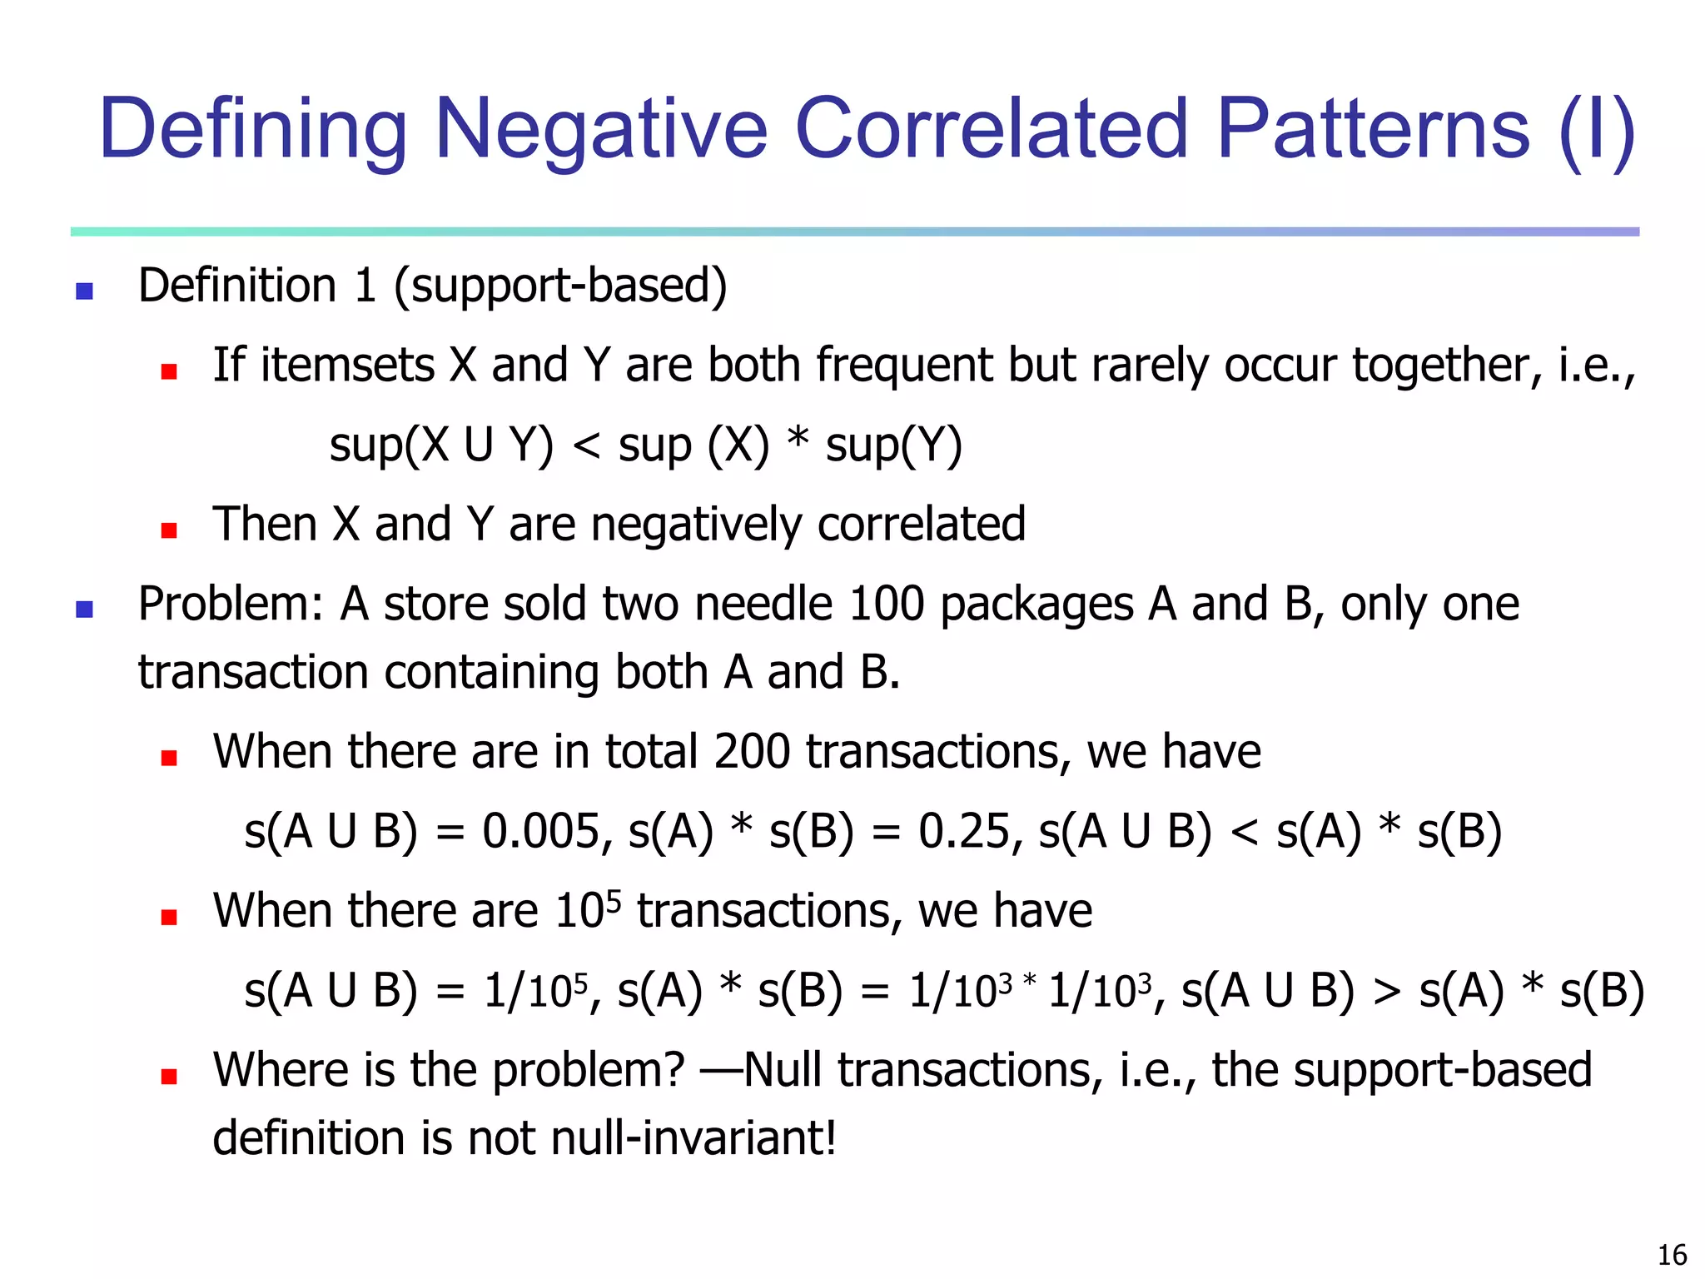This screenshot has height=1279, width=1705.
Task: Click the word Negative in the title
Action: [x=600, y=129]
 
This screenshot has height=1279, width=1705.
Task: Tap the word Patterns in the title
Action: [x=1373, y=129]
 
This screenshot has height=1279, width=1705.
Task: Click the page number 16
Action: [x=1672, y=1255]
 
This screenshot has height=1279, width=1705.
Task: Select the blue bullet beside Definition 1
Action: [x=84, y=291]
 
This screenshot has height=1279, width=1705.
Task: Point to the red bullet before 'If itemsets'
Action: [x=169, y=371]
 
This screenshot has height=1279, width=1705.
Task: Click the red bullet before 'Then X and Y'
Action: [x=169, y=530]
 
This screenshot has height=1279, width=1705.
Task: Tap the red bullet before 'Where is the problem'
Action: [x=169, y=1076]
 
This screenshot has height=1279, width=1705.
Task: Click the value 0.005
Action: [x=541, y=831]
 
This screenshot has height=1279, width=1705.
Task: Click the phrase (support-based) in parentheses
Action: [x=560, y=286]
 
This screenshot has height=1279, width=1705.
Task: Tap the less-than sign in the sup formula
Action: [x=587, y=446]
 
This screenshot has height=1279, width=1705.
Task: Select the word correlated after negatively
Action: [x=921, y=525]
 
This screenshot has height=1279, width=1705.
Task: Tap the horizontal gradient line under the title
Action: [x=854, y=231]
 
